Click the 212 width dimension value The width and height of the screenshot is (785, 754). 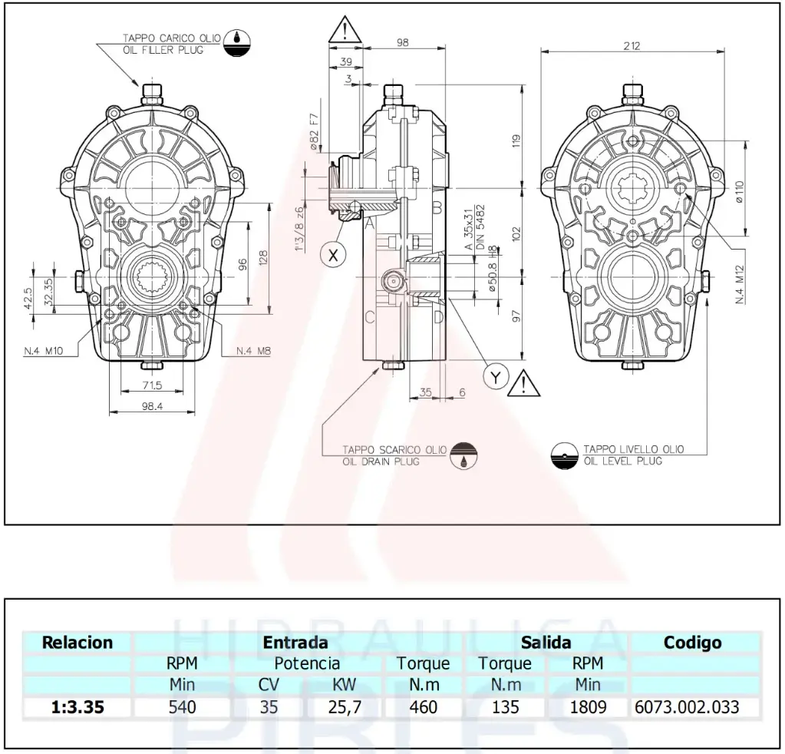click(x=632, y=46)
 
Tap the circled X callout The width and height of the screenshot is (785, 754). click(x=332, y=255)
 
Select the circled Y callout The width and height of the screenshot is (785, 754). click(x=496, y=376)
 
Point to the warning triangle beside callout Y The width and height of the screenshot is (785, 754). click(x=523, y=382)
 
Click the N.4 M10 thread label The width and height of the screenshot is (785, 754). click(x=42, y=351)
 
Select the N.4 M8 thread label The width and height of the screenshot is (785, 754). click(x=254, y=351)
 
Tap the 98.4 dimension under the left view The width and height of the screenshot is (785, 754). click(x=152, y=406)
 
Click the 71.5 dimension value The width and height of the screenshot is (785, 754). click(x=152, y=385)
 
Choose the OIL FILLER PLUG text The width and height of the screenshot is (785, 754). click(x=163, y=50)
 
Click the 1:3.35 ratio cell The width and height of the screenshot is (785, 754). click(x=78, y=706)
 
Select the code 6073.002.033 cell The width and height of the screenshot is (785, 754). click(x=687, y=706)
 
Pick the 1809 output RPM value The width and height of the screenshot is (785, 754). click(x=588, y=706)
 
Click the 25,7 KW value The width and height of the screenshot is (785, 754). click(x=345, y=706)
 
